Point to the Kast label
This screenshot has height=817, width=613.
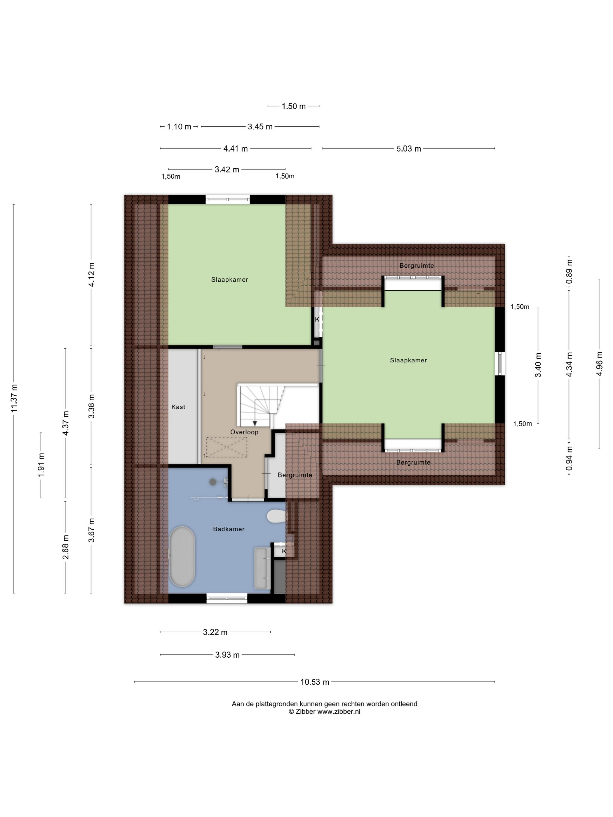pos(178,407)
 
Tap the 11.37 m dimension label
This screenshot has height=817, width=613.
pos(14,398)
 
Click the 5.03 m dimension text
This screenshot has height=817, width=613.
pos(409,149)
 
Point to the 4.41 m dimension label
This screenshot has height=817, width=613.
pos(235,149)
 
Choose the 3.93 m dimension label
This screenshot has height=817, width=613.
pos(227,655)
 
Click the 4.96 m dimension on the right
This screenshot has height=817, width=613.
pos(599,364)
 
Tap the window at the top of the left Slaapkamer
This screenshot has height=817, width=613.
pos(228,200)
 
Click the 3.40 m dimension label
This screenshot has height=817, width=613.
pos(538,364)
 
